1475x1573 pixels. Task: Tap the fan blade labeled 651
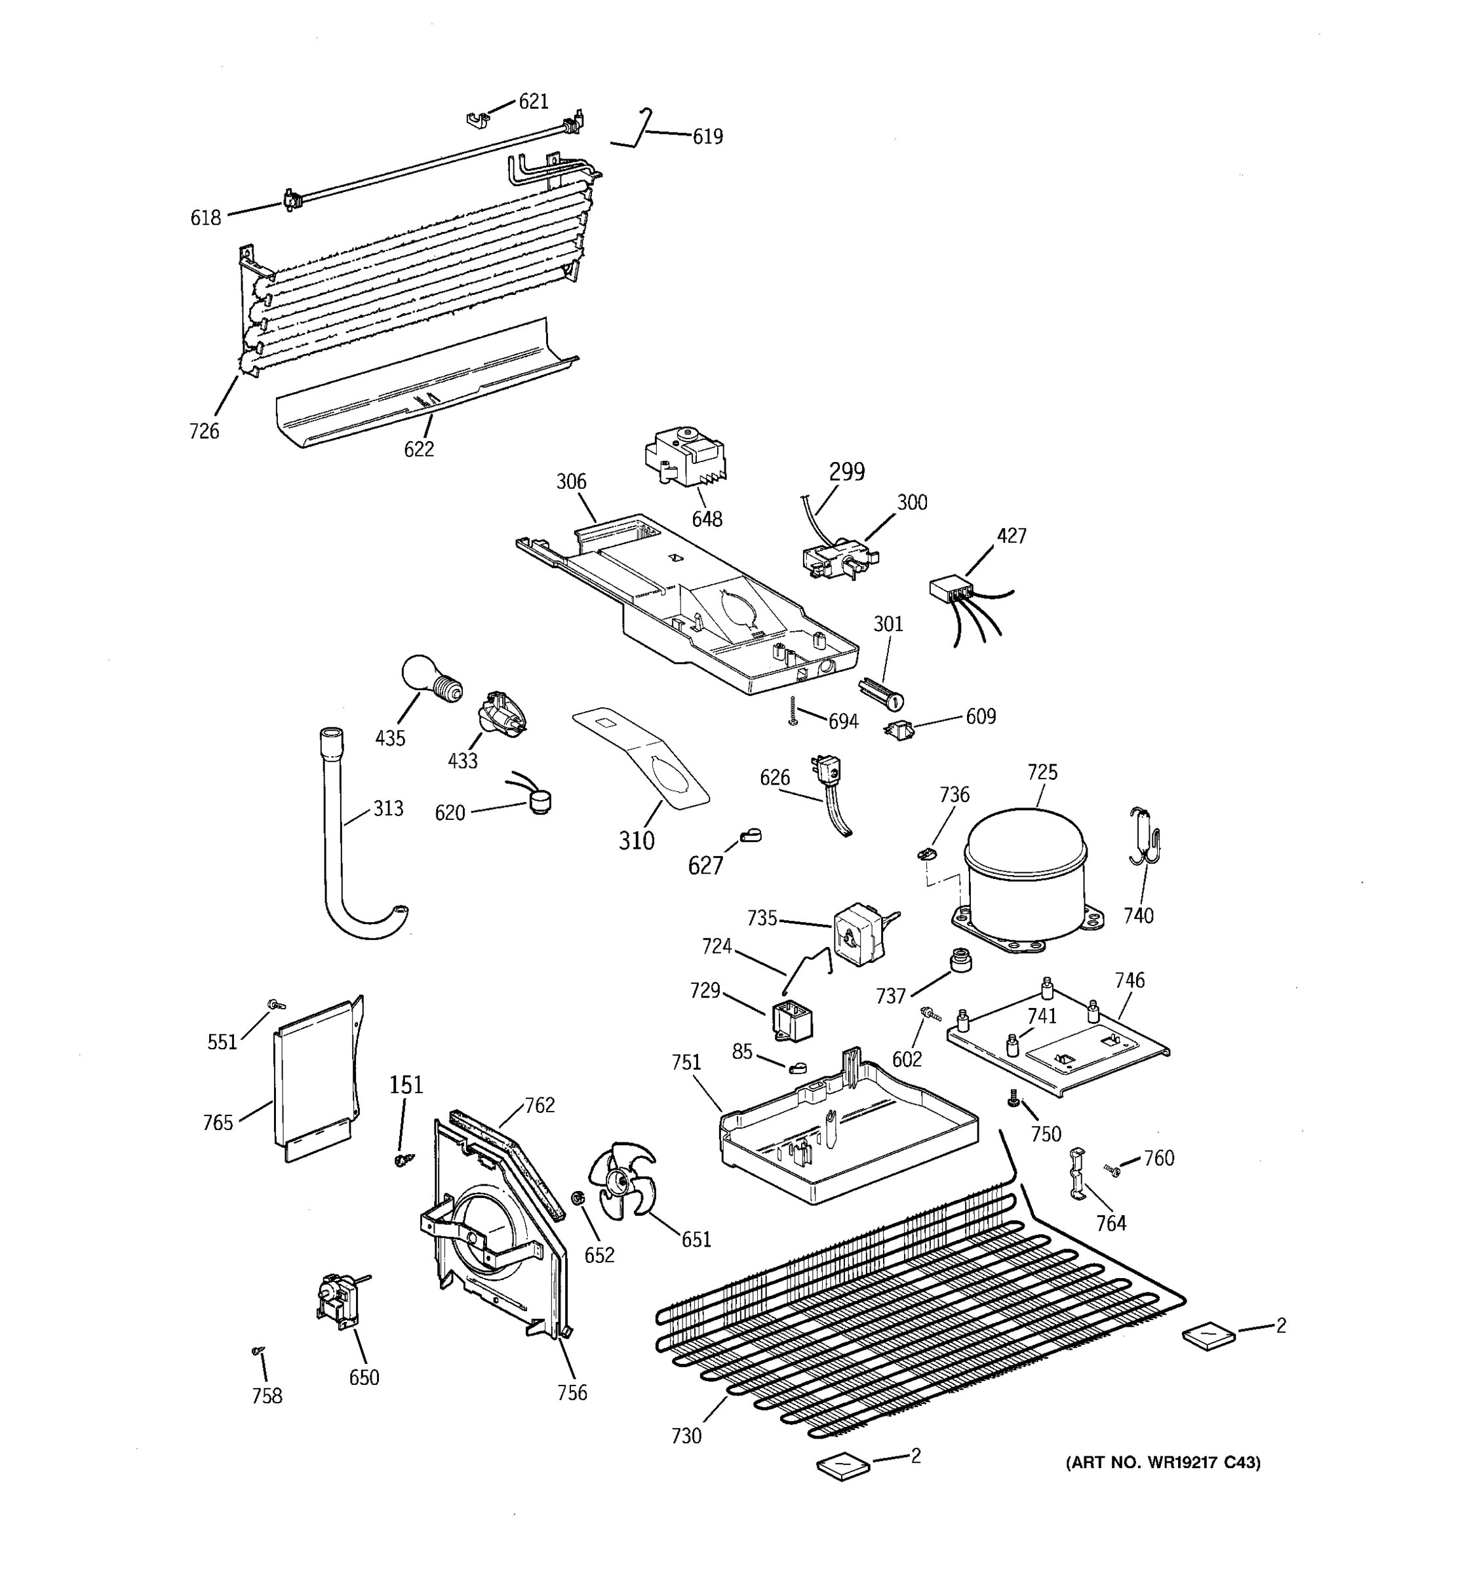[x=622, y=1184]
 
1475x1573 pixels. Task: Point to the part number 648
[x=707, y=519]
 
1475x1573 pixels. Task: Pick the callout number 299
[x=847, y=473]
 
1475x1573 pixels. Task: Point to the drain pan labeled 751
[x=847, y=1131]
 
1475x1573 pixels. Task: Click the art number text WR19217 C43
[x=1163, y=1463]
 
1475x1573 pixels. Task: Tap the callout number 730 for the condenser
[x=686, y=1436]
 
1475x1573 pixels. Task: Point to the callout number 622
[x=419, y=450]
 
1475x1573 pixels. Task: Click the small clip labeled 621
[x=475, y=119]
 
